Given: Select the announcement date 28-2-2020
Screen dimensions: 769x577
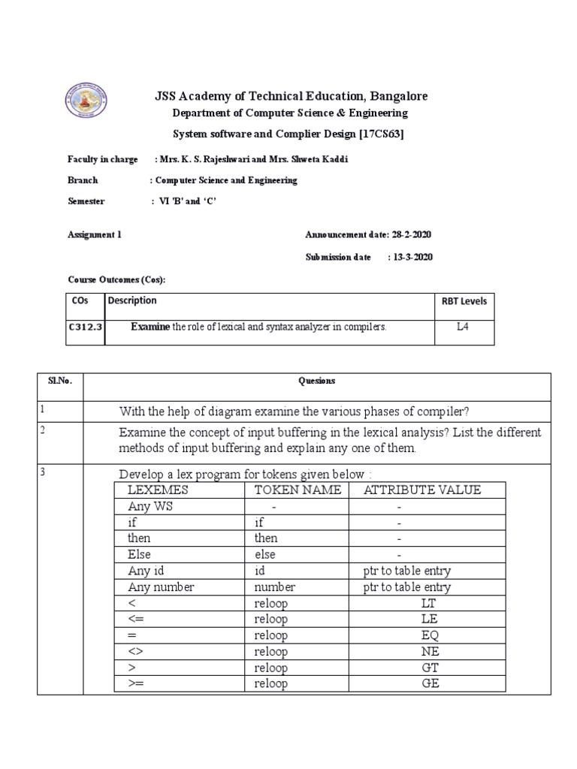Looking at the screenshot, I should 410,235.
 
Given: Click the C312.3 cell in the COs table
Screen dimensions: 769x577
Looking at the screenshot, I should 83,327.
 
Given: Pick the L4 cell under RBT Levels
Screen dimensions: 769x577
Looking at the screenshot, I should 463,327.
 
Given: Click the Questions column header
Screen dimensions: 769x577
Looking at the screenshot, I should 316,381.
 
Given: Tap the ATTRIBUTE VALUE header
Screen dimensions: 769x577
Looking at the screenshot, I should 422,490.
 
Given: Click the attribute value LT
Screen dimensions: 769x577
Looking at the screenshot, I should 430,603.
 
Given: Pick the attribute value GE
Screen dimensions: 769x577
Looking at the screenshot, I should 430,683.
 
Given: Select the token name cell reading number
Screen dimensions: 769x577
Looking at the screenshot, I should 274,587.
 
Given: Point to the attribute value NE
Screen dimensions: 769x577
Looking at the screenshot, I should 430,651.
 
